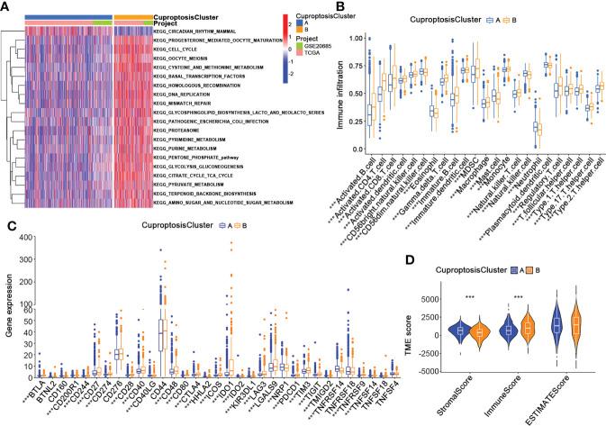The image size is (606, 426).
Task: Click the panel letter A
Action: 7,7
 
